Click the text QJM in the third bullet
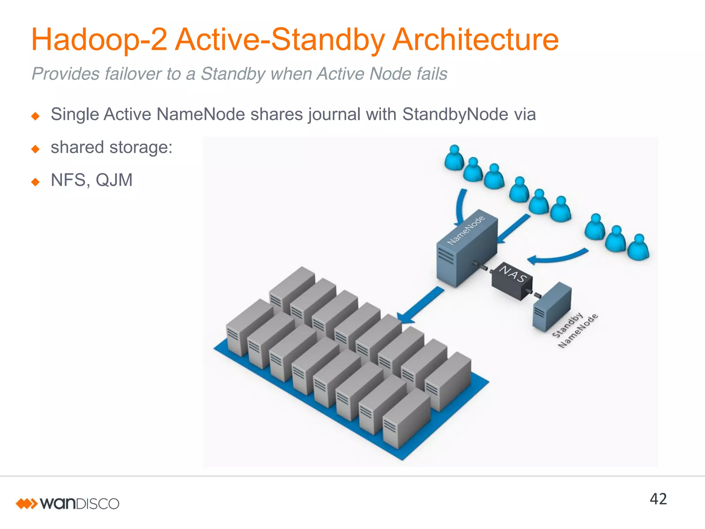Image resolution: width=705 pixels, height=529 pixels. (x=114, y=180)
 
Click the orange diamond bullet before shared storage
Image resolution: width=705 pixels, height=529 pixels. (x=35, y=149)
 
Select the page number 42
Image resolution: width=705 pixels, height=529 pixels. (x=658, y=499)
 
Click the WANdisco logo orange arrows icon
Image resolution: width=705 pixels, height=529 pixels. (x=26, y=504)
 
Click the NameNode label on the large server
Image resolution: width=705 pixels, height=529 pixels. (x=466, y=230)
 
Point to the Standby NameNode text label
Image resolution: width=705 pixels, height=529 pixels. (x=575, y=330)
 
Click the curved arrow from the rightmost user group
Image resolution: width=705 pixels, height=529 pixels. (x=558, y=257)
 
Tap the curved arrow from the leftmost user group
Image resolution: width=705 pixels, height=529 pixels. (x=460, y=207)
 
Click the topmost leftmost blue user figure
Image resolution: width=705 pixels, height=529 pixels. (x=454, y=158)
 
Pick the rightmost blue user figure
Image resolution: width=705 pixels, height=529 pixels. (x=638, y=248)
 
